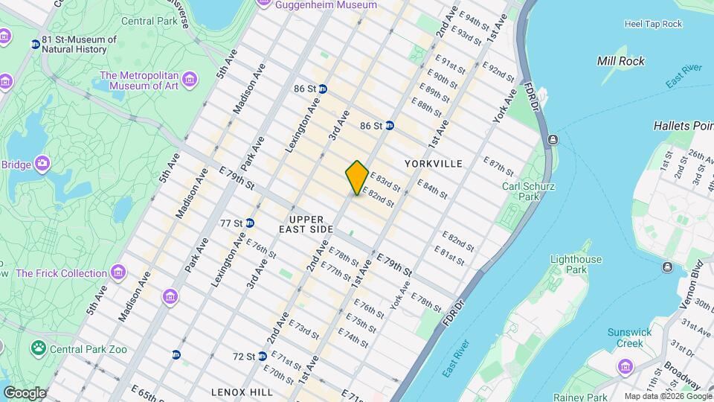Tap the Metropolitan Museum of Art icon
point(190,79)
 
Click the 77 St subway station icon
point(250,223)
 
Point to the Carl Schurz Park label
point(519,191)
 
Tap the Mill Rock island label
point(621,61)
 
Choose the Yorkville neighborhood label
point(434,163)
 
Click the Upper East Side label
point(306,224)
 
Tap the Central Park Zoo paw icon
point(36,348)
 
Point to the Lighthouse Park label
point(576,264)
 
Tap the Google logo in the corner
point(24,392)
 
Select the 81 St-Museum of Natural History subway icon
point(35,45)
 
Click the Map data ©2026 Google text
point(667,396)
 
